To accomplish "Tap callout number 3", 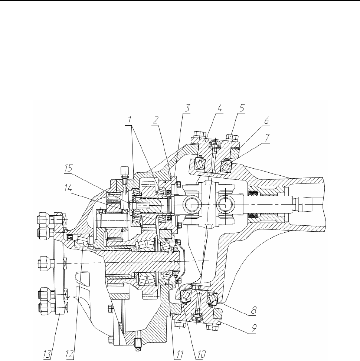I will coord(189,109).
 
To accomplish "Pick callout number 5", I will coord(242,109).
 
